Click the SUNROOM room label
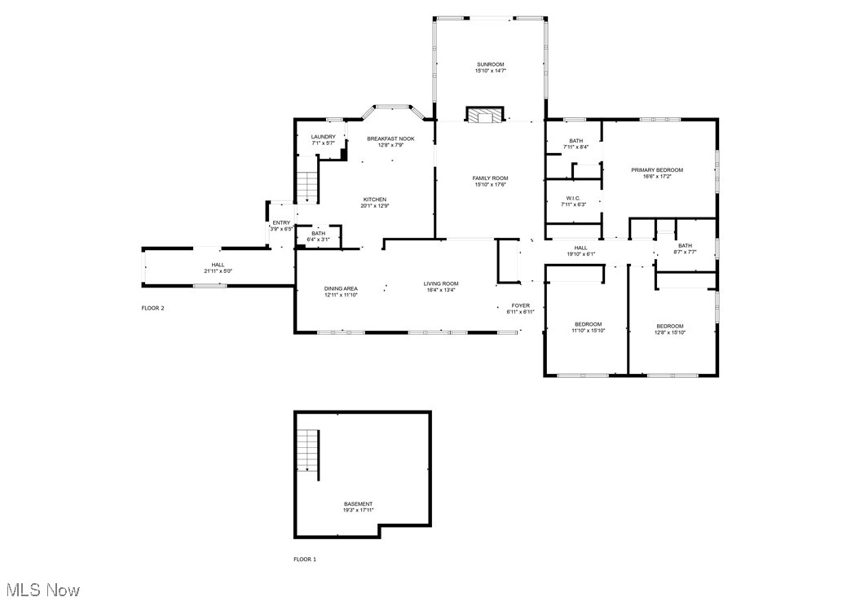[x=491, y=64]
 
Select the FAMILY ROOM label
[x=491, y=178]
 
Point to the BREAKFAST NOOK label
[x=390, y=138]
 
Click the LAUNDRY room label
[x=324, y=137]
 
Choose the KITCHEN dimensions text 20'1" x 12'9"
[x=375, y=205]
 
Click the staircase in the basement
[x=306, y=450]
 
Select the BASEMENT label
[x=359, y=504]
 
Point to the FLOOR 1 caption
[x=305, y=560]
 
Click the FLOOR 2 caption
[x=153, y=309]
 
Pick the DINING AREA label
[x=341, y=288]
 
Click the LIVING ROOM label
[x=440, y=284]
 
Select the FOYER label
[x=520, y=306]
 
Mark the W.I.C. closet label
[x=573, y=198]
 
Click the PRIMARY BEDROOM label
[x=657, y=170]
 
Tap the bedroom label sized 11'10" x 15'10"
[x=588, y=325]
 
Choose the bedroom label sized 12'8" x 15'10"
[x=670, y=326]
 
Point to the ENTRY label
[x=281, y=223]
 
